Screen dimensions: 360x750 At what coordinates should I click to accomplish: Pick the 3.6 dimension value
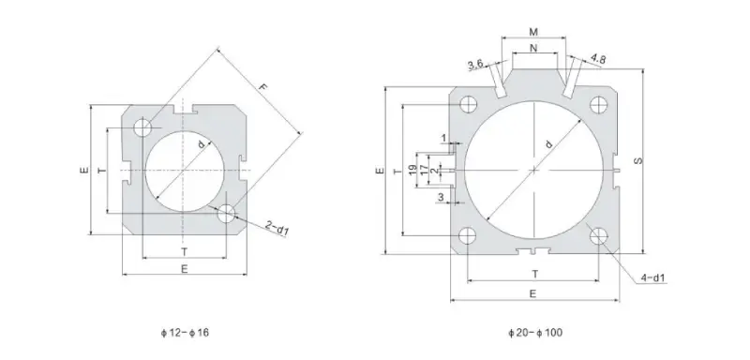(x=475, y=64)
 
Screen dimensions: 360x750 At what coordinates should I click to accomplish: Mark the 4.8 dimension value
(x=597, y=58)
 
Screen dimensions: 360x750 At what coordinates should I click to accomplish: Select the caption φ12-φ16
(x=184, y=332)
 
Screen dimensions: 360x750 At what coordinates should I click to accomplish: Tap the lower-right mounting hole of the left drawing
(x=225, y=213)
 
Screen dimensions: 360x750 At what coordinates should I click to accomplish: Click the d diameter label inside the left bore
(x=201, y=143)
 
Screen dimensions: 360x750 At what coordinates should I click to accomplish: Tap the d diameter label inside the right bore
(x=547, y=143)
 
